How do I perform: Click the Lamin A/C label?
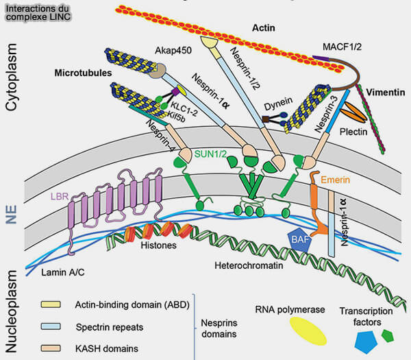(63, 272)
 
